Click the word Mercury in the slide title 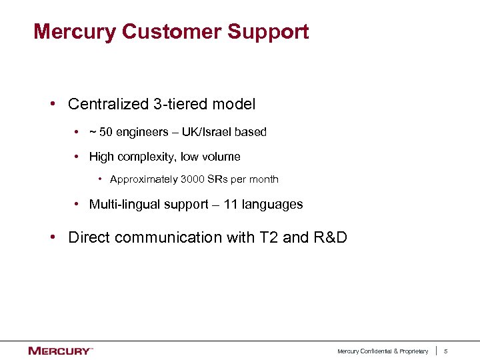coord(74,31)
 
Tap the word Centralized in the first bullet coord(108,104)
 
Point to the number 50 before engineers coord(105,132)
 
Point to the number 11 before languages coord(231,205)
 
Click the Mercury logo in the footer coord(60,351)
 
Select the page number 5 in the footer coord(447,351)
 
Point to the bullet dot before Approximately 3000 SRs coord(99,179)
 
